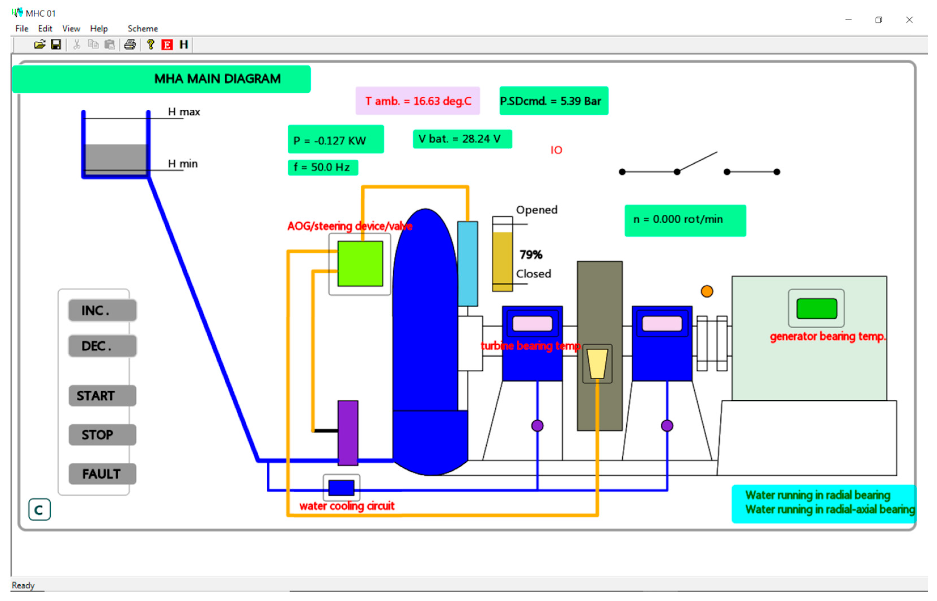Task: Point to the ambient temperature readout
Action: coord(417,101)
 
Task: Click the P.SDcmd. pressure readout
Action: coord(553,101)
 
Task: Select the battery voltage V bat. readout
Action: coord(462,139)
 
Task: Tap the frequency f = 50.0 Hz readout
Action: coord(323,168)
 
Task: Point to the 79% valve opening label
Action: coord(531,255)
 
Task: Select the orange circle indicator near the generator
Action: coord(707,291)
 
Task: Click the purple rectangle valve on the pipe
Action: coord(347,432)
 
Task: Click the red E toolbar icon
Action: coord(167,45)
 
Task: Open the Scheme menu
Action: coord(143,28)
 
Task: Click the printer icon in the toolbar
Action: coord(130,45)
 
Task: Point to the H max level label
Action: coord(184,112)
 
